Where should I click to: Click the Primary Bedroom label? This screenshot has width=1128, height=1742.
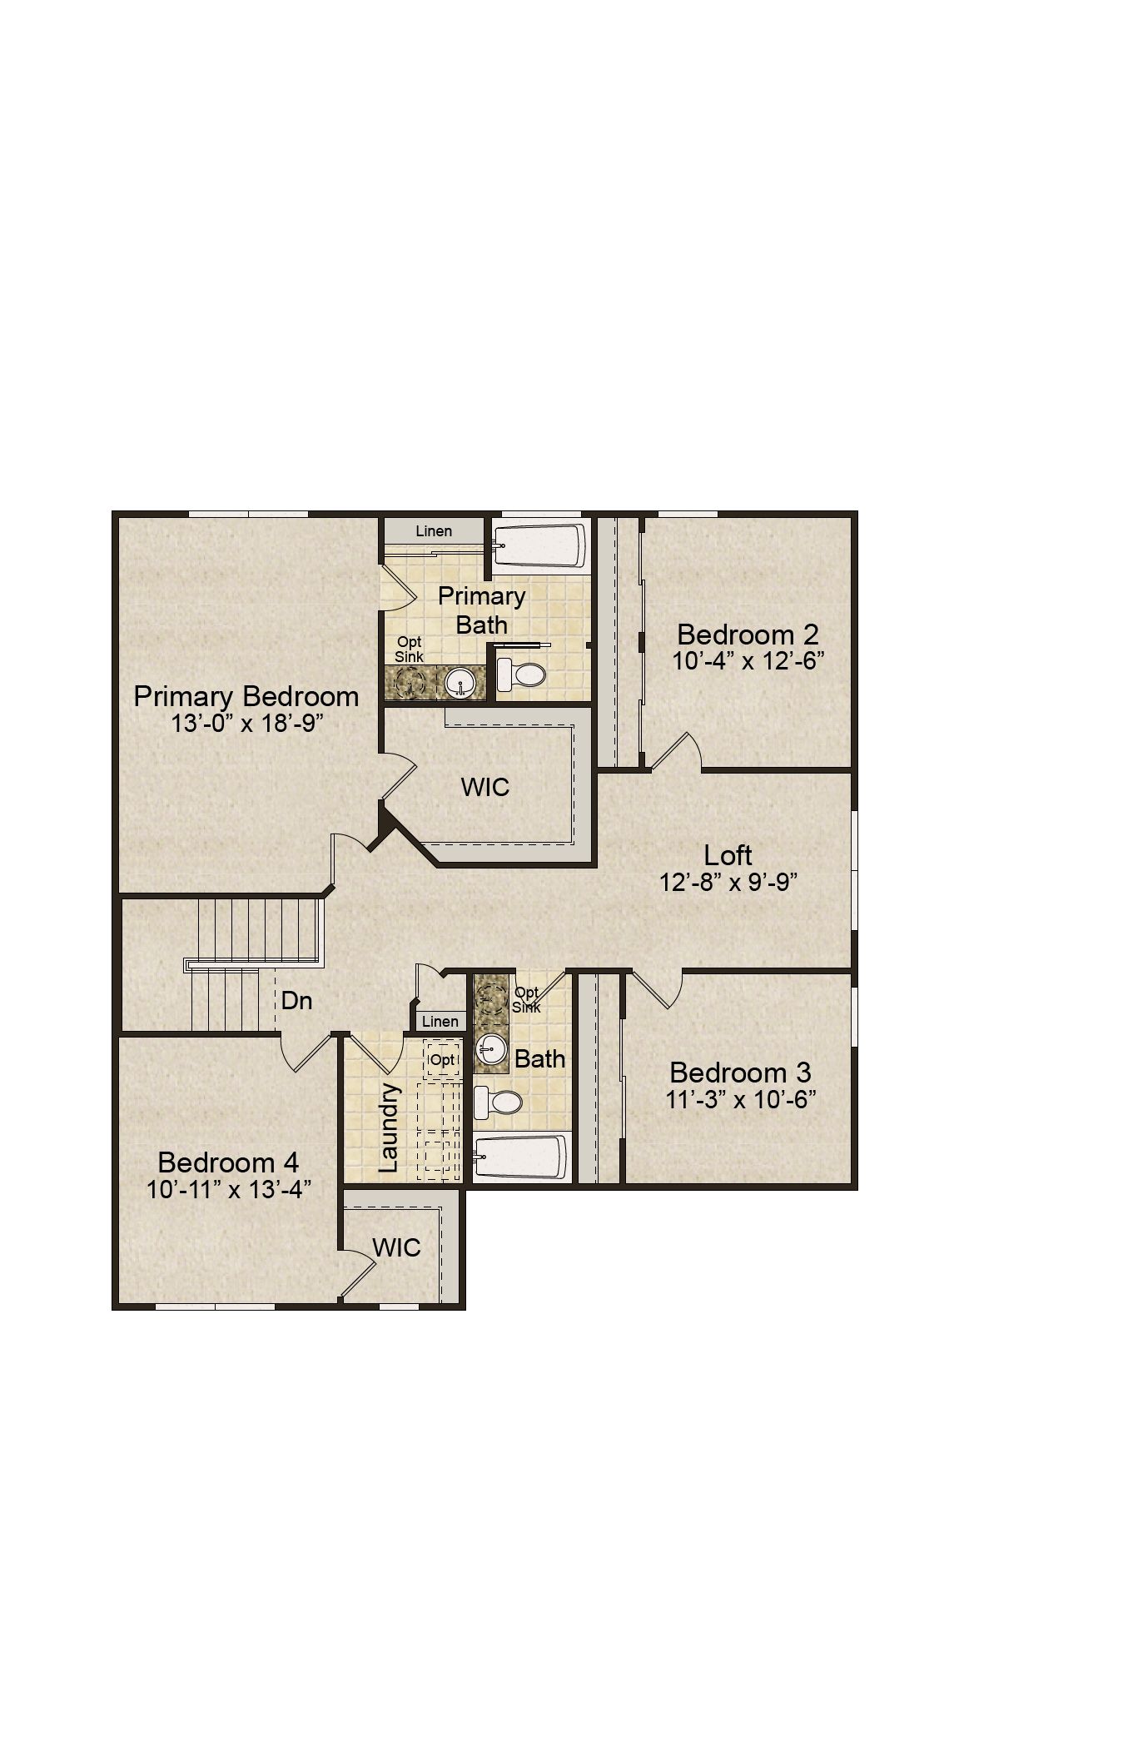coord(246,696)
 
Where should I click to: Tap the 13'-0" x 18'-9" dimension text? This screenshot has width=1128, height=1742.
coord(247,723)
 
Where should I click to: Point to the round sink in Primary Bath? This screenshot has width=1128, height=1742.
coord(460,684)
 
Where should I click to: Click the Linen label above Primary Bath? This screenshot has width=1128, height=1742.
coord(434,530)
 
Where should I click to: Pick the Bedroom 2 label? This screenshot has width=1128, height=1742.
coord(748,635)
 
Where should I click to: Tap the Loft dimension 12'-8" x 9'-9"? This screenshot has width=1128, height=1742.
coord(728,882)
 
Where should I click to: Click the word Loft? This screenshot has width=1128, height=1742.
coord(728,855)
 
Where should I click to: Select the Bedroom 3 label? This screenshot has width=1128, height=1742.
coord(740,1073)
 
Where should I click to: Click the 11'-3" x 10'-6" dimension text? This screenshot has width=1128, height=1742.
coord(740,1099)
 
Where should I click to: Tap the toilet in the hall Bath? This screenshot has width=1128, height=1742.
coord(498,1102)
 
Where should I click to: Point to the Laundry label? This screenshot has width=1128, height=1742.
coord(389,1127)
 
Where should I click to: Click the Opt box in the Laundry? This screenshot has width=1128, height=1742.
coord(443,1060)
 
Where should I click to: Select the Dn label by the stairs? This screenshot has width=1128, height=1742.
coord(296,1000)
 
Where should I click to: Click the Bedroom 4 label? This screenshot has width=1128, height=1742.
coord(228,1162)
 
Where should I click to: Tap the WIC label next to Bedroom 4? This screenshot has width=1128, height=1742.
coord(396,1247)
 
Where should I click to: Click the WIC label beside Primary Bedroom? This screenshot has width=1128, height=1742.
coord(485,787)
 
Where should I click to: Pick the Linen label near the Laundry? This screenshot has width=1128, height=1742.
coord(440,1022)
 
